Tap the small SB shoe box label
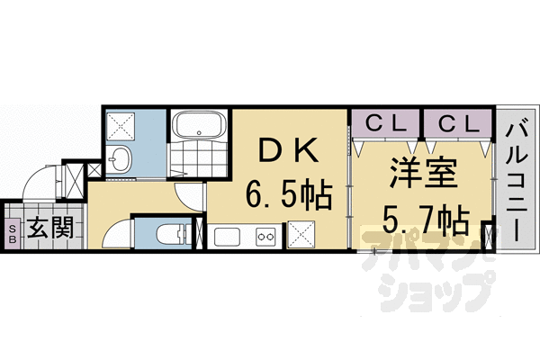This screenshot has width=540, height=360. pyautogui.click(x=12, y=233)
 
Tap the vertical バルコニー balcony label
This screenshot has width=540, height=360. pyautogui.click(x=516, y=179)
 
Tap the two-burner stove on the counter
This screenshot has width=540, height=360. pyautogui.click(x=266, y=237)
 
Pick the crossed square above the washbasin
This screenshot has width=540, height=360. pyautogui.click(x=121, y=125)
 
